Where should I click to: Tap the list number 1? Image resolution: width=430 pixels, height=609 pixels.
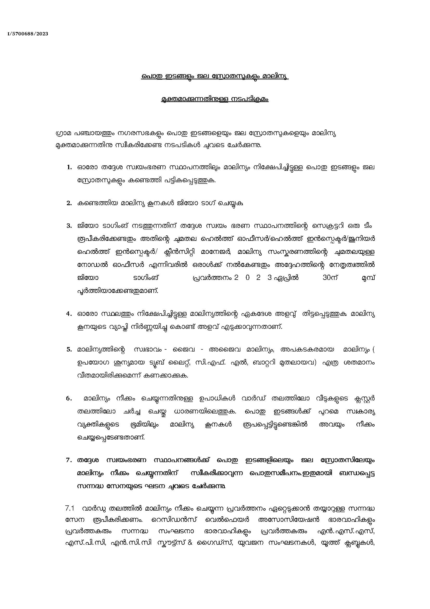click(69, 168)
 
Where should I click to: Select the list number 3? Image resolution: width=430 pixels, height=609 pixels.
click(69, 226)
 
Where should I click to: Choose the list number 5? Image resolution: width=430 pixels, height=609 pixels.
click(69, 350)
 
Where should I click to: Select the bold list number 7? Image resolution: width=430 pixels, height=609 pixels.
click(69, 461)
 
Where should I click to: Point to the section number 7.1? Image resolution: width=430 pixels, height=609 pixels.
click(69, 509)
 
